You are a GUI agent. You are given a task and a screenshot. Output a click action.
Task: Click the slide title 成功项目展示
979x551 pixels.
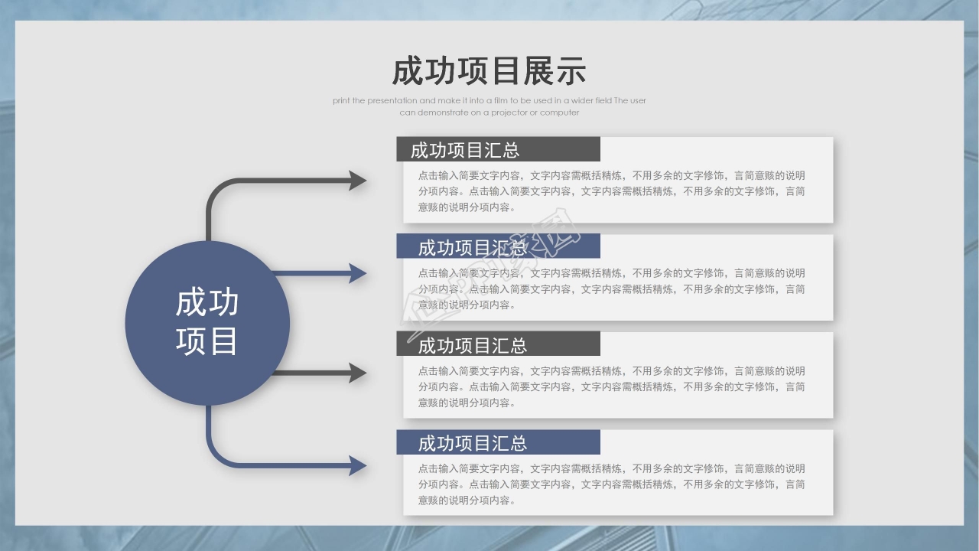pos(489,71)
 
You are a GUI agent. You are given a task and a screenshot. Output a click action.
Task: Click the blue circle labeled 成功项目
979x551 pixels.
pos(207,323)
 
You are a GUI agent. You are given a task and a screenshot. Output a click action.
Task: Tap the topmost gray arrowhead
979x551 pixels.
pos(358,181)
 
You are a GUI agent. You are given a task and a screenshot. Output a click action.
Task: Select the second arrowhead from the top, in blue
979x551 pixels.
pos(358,273)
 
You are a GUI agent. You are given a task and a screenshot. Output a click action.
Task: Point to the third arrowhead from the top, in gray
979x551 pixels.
pos(358,373)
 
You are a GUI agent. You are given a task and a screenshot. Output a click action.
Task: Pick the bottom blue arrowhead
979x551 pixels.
pos(358,465)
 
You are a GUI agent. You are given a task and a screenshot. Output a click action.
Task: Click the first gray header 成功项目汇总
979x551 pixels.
pos(465,150)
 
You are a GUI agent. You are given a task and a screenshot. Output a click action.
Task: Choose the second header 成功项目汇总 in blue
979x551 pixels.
pos(473,247)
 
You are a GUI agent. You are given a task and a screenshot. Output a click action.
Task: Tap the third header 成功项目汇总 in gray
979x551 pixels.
pos(473,345)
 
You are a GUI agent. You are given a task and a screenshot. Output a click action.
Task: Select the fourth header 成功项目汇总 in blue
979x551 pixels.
pos(473,443)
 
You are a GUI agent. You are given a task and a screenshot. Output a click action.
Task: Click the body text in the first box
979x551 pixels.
pos(611,191)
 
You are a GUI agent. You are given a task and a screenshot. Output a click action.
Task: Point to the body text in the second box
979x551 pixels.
pos(611,289)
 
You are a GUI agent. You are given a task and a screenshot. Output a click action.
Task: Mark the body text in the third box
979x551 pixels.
pos(611,386)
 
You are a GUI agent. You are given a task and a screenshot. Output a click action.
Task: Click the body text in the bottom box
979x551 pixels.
pos(611,484)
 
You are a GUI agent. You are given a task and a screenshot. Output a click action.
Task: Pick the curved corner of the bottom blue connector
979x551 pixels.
pos(214,458)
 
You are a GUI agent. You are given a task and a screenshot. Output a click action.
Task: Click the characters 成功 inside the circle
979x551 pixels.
pos(207,303)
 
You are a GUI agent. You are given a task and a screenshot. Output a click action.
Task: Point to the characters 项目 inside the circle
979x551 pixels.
pos(207,341)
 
